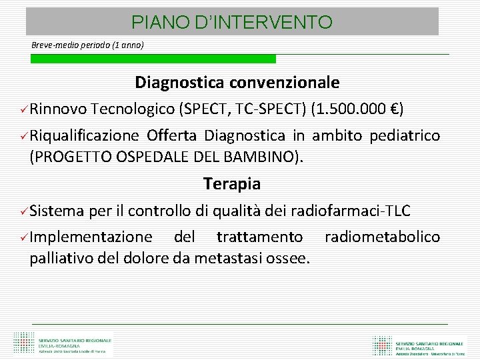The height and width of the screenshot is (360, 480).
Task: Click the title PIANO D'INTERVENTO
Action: (x=232, y=23)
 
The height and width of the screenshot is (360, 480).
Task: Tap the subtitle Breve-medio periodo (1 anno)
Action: (x=87, y=45)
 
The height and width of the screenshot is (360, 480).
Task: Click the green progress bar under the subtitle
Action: (x=153, y=59)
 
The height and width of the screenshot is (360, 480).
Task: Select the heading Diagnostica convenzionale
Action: (x=237, y=83)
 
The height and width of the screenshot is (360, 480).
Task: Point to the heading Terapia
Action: (x=232, y=183)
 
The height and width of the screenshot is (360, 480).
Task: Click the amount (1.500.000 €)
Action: (x=357, y=109)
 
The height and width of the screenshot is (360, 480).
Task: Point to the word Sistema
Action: (x=57, y=211)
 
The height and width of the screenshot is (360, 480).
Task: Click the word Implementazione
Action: (x=91, y=237)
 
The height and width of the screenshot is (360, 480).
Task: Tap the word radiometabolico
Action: (x=383, y=237)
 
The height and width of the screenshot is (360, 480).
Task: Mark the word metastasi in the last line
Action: (x=225, y=258)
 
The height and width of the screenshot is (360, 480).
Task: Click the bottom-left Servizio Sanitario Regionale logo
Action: (x=63, y=343)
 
